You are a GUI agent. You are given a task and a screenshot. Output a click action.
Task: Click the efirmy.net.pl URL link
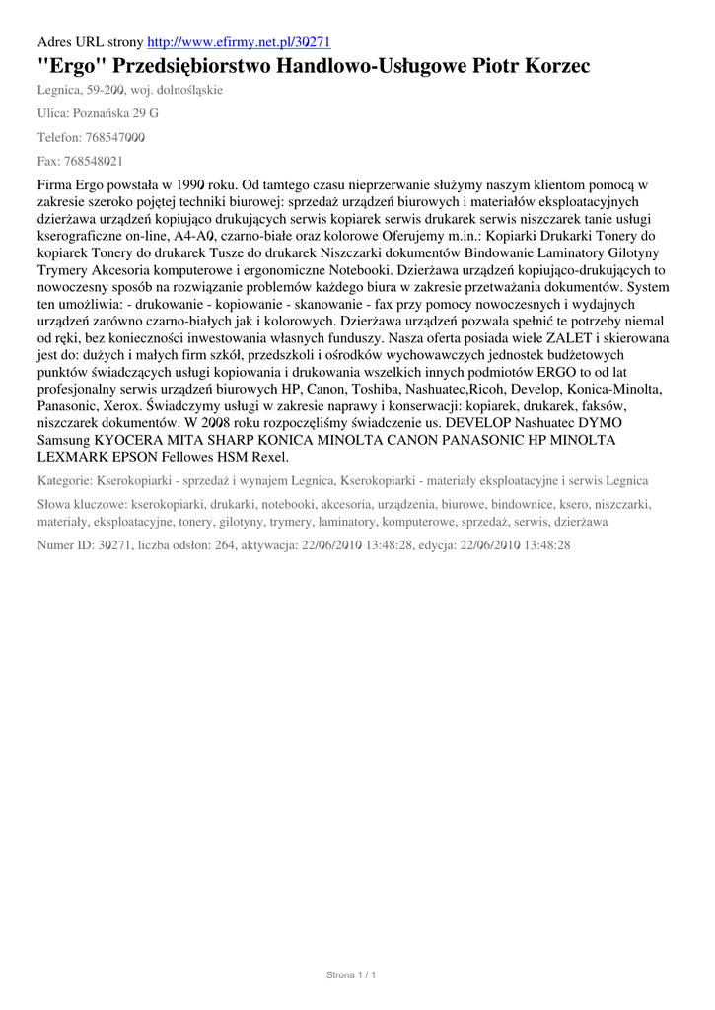(x=239, y=42)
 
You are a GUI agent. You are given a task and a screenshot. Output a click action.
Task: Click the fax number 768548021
(x=97, y=161)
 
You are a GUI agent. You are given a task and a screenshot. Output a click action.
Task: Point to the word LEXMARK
(x=72, y=457)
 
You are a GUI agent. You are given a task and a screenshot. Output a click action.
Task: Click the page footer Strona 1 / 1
(x=352, y=975)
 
